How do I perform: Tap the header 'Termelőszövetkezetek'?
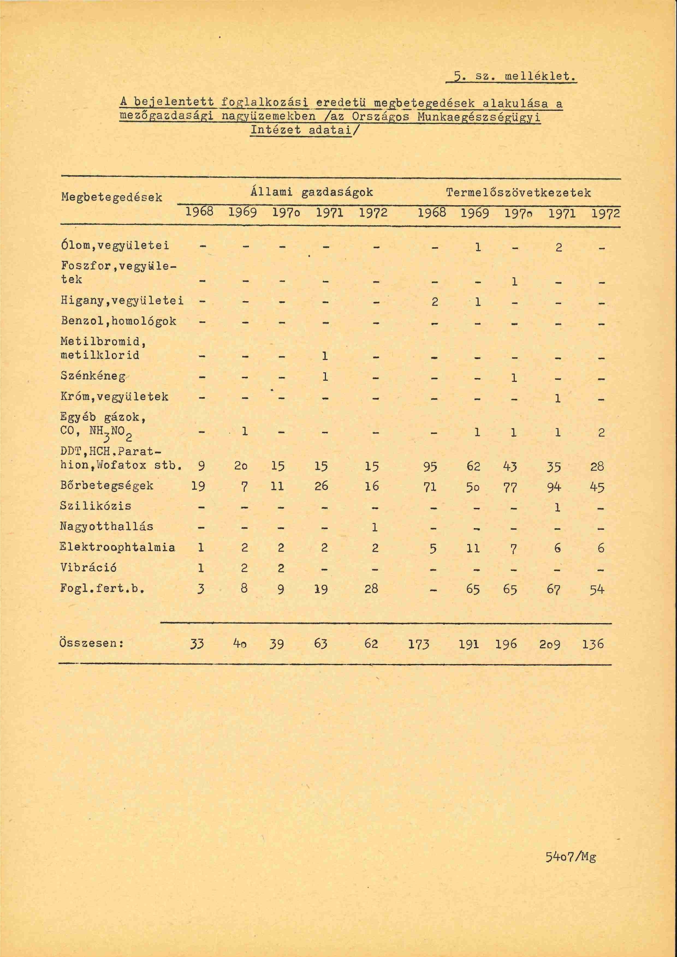518,193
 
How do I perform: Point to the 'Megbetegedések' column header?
111,198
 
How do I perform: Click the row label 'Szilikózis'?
96,506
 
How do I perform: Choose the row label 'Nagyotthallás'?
106,527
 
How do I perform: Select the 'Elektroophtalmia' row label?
117,547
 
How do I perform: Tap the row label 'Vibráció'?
88,567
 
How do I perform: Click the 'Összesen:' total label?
92,643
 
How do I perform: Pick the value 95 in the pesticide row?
430,466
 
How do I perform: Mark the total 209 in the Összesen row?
550,644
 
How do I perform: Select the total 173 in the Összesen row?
418,644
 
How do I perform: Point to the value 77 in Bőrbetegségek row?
510,487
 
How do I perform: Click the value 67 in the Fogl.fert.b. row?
553,589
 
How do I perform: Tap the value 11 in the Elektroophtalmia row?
473,548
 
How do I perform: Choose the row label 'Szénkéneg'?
93,376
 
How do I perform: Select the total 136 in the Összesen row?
592,644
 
